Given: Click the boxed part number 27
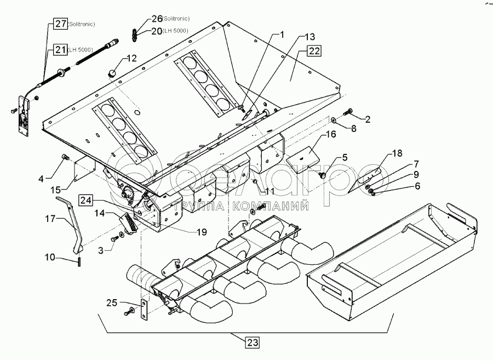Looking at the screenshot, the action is [60, 24].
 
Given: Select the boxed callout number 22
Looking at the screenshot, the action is [314, 50].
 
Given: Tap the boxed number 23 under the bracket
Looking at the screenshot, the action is [253, 342].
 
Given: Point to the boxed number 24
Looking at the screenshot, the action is [85, 200].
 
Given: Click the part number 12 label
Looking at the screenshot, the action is [131, 58].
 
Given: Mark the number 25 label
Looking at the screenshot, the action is [112, 303].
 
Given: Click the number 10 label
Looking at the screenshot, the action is [50, 258].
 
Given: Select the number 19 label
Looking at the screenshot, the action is [202, 232].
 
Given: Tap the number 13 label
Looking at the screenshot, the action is [309, 37].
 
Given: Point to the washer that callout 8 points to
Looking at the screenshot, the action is [333, 119].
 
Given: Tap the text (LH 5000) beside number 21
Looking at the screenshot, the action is [80, 50].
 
